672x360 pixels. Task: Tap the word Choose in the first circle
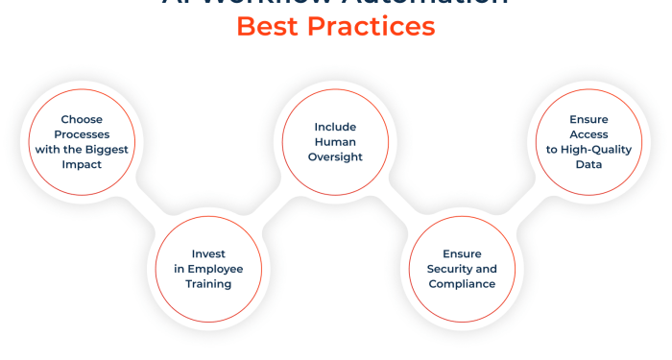click(x=82, y=120)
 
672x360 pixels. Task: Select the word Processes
click(x=82, y=134)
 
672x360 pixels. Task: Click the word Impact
click(x=82, y=164)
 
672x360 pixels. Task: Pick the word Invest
click(x=207, y=254)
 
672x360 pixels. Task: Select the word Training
click(x=207, y=284)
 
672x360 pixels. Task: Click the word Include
click(x=336, y=127)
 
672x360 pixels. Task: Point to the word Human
click(x=336, y=142)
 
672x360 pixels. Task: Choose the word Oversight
click(x=336, y=156)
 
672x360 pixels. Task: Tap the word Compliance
click(x=463, y=284)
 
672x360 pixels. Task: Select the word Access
click(x=589, y=134)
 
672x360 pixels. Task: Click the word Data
click(x=589, y=164)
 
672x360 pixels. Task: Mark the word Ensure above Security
click(x=463, y=254)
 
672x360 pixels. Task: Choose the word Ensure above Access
click(x=589, y=120)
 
